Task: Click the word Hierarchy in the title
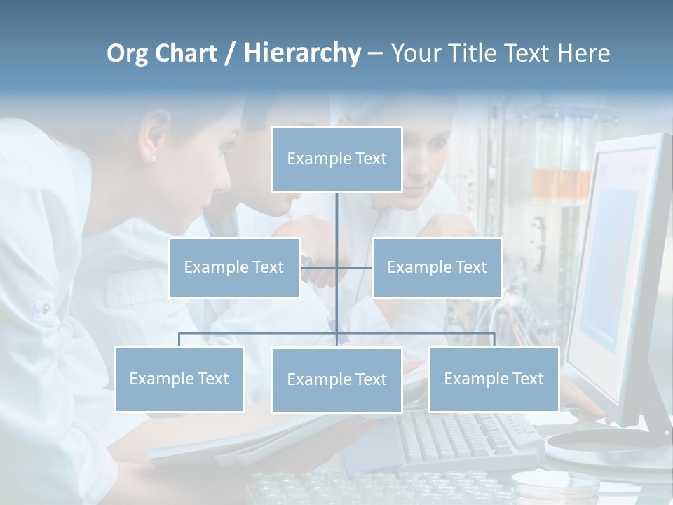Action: pos(301,53)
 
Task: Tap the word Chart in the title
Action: pos(186,53)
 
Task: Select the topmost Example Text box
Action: pos(336,159)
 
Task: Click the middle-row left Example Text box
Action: pos(234,267)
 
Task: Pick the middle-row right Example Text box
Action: pos(437,267)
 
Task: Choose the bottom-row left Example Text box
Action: pos(179,379)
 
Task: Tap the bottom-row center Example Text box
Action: pos(336,379)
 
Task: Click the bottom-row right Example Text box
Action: pos(494,379)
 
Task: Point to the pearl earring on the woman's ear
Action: pos(153,159)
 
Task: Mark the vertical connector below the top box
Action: pos(336,217)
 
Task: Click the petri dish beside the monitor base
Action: pos(554,484)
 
